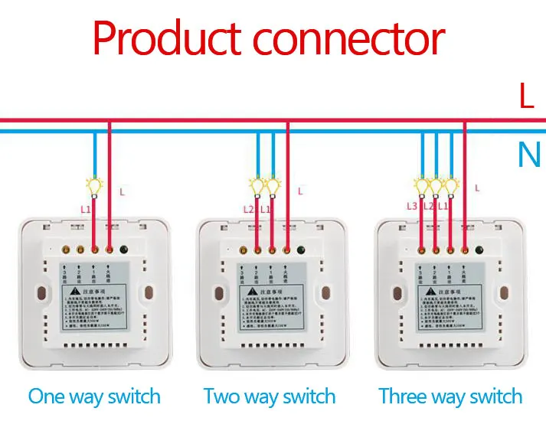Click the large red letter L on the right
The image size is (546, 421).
(526, 97)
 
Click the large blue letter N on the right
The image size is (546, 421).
(528, 156)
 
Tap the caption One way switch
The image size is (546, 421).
(94, 397)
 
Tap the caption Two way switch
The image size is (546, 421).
(270, 397)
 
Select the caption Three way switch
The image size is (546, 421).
(450, 397)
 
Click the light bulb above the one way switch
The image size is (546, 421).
(95, 185)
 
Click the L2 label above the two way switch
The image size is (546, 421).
(248, 209)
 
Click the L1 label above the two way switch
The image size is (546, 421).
(266, 209)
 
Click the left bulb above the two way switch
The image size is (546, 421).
(257, 184)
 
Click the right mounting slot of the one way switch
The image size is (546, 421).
(147, 294)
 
